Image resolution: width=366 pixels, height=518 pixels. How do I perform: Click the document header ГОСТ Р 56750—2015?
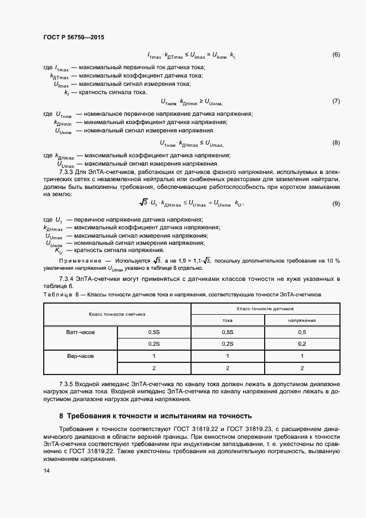pos(73,37)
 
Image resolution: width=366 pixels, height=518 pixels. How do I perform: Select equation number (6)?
pos(336,55)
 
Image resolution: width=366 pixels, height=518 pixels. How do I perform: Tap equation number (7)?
pos(336,101)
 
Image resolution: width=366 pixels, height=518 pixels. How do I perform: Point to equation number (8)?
pos(336,143)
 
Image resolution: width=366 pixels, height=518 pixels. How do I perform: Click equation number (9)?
pos(336,204)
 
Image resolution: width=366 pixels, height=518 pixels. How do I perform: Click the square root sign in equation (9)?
pos(143,203)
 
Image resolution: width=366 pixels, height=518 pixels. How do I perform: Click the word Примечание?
pos(78,260)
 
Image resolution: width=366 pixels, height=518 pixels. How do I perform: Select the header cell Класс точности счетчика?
pos(117,314)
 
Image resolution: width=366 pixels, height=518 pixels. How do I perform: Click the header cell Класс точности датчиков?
pos(265,307)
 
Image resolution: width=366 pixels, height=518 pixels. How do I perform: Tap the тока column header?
pos(228,320)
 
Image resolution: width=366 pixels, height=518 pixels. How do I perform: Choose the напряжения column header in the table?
pos(302,320)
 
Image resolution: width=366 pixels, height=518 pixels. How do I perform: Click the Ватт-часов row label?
pos(80,332)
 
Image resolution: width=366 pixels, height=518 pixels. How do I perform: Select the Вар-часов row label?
pos(80,356)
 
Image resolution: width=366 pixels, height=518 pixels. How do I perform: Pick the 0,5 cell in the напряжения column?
pos(302,332)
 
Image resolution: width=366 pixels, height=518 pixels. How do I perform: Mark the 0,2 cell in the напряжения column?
pos(302,343)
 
